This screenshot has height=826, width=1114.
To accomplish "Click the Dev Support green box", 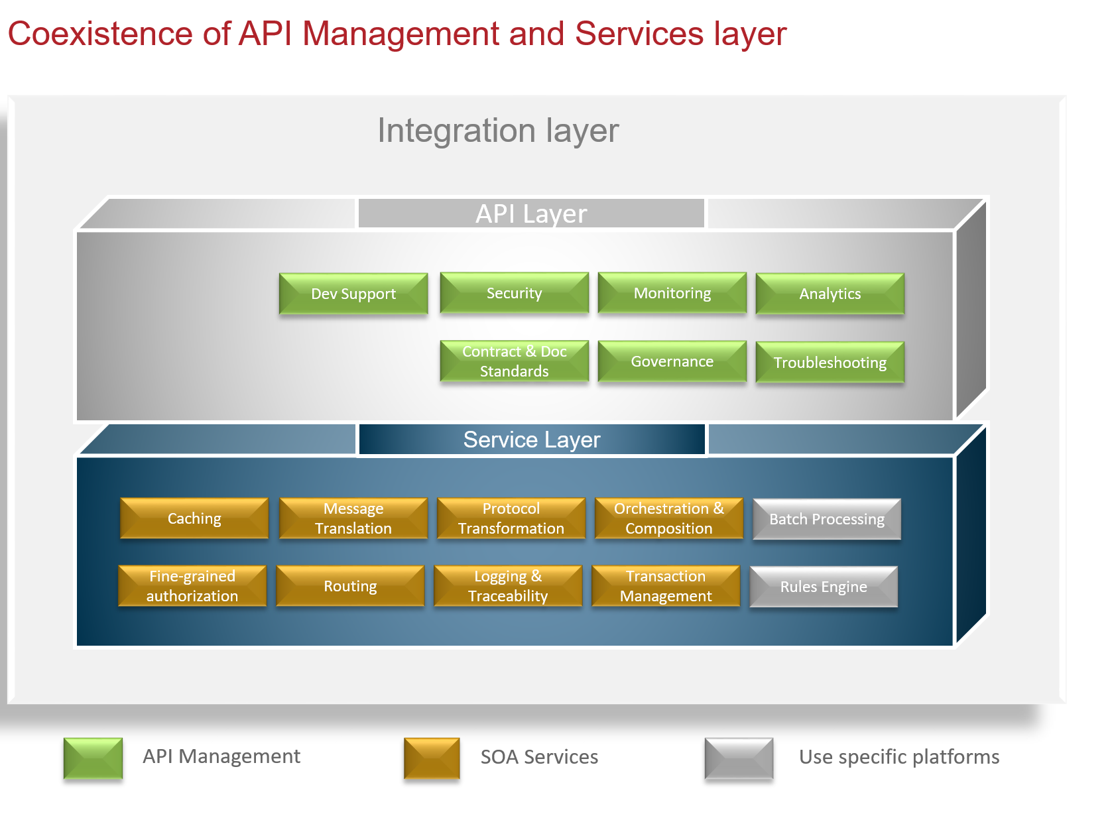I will pos(353,294).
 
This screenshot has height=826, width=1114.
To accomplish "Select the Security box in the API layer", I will pos(514,293).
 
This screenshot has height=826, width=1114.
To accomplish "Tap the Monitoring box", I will pos(672,293).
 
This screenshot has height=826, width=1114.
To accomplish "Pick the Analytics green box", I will pos(830,294).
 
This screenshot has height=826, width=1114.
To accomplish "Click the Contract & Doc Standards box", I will pos(514,361).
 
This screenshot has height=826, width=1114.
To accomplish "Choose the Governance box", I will pos(672,361).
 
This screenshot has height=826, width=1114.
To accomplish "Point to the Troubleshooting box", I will pos(830,363).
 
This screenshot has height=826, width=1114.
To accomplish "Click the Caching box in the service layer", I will pos(194,518).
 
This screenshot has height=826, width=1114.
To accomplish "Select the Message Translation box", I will pos(353,518).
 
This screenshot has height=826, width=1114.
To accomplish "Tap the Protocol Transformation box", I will pos(511,518).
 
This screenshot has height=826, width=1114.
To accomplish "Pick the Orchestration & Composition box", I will pos(669,518).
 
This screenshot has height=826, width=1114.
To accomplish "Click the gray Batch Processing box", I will pos(827,519).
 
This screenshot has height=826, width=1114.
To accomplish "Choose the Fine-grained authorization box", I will pos(192,586).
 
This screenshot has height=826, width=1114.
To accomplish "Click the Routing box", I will pos(350,586).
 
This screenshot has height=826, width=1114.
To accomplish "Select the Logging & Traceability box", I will pos(508,586).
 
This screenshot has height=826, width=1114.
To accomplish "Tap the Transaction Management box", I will pos(666,586).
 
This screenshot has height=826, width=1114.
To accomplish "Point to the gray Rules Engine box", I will pos(824,587).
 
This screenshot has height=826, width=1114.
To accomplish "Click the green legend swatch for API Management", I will pos(93,758).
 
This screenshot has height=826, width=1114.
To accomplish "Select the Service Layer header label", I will pos(531,440).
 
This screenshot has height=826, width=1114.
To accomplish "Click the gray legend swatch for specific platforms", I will pos(739,758).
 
